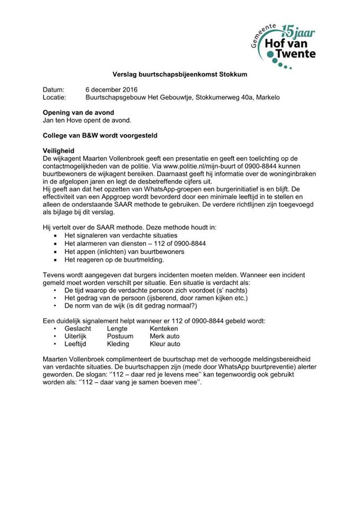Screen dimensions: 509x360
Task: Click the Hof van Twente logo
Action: tap(284, 45)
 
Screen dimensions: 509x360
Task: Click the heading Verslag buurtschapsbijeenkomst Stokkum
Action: tap(180, 75)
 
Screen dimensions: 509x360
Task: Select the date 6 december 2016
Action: tap(114, 90)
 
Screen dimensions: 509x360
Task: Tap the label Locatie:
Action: tap(54, 98)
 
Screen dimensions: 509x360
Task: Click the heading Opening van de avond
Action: tap(78, 112)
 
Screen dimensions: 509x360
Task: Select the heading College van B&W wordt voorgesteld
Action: tap(100, 135)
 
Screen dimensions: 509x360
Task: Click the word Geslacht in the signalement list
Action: tap(77, 329)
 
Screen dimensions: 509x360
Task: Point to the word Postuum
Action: tap(120, 336)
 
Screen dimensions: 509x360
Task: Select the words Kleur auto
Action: tap(165, 344)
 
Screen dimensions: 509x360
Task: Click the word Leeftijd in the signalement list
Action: tap(77, 344)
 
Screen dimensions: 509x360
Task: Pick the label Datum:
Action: tap(53, 90)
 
